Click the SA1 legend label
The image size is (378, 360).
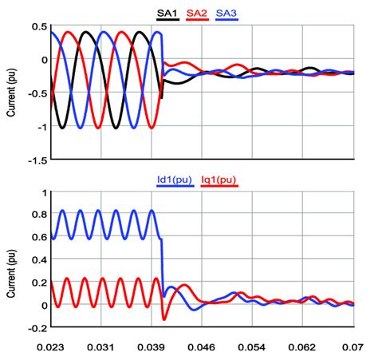(x=167, y=13)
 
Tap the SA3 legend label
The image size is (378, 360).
(x=226, y=13)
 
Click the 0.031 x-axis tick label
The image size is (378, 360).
(x=102, y=347)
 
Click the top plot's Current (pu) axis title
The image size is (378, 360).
(x=10, y=93)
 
